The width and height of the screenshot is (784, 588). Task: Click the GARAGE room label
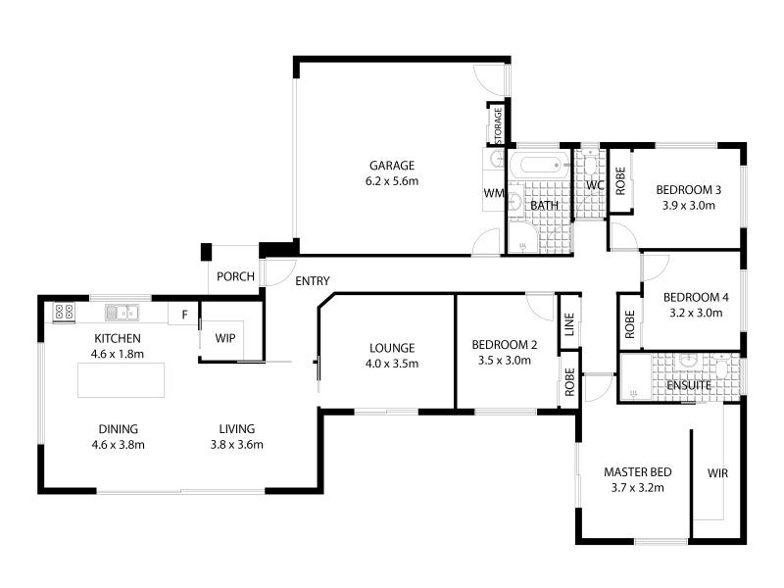click(392, 166)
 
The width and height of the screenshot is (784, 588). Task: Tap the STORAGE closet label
click(498, 125)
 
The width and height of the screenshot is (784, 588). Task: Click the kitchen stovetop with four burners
click(64, 313)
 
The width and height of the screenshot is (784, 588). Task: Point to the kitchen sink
click(122, 313)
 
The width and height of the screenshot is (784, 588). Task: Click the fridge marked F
click(184, 315)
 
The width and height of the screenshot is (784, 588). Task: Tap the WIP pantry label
click(225, 338)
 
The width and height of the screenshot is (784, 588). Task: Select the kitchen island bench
click(121, 380)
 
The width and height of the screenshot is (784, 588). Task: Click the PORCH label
click(235, 276)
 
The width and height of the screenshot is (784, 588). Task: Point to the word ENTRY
click(313, 281)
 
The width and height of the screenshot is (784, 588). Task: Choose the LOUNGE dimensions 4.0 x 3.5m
click(392, 364)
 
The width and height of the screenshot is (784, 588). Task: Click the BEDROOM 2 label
click(505, 345)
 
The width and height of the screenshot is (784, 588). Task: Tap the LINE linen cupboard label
click(569, 324)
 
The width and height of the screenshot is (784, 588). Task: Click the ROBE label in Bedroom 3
click(620, 181)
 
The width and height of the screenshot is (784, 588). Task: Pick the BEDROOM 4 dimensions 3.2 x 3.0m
click(696, 313)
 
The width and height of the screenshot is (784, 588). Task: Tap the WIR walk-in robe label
click(717, 473)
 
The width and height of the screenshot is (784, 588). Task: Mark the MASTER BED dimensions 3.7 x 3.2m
click(638, 488)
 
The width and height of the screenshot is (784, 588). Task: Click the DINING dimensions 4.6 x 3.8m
click(118, 445)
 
